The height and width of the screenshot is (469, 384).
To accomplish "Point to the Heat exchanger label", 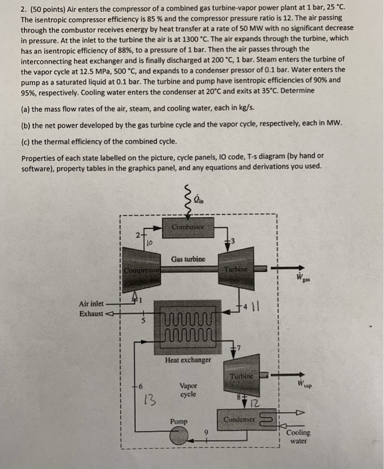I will pyautogui.click(x=188, y=360).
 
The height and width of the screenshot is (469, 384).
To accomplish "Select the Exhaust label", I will pyautogui.click(x=94, y=313).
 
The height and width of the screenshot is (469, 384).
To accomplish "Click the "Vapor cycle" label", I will pyautogui.click(x=188, y=391).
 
